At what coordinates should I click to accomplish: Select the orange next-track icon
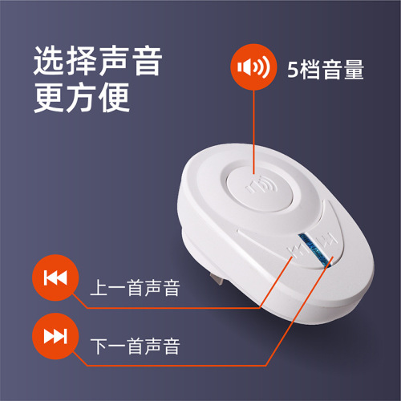tap(55, 335)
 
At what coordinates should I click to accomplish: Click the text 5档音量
tap(326, 70)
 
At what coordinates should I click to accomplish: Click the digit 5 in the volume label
tap(293, 70)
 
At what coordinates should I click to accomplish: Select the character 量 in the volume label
tap(354, 70)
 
